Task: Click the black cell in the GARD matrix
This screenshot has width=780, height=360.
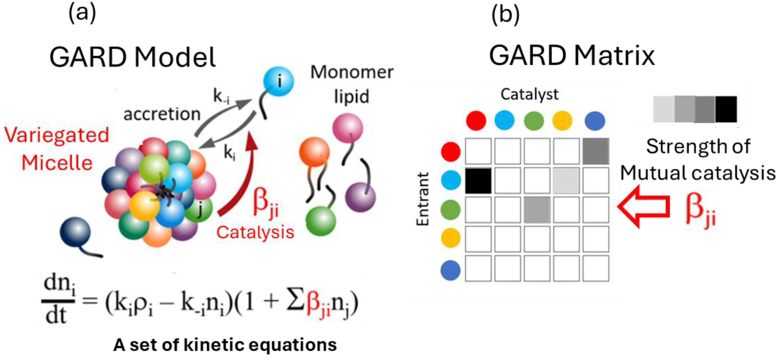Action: (x=478, y=181)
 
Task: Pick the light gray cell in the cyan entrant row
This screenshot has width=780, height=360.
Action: (x=566, y=181)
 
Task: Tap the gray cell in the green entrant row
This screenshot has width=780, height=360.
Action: (x=537, y=210)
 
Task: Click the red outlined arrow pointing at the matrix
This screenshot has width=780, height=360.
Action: (x=644, y=207)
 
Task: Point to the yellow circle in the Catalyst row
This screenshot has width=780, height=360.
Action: (x=562, y=121)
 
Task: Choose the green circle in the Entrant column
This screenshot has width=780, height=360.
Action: (x=451, y=210)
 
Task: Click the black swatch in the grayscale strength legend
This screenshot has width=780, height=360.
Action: (x=726, y=109)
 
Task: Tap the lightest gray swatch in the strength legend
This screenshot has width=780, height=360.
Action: (x=664, y=109)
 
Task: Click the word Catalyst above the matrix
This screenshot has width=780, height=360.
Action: (x=529, y=94)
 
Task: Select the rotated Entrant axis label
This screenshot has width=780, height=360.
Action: (x=423, y=199)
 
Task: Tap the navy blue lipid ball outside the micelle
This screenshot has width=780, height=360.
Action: (x=75, y=232)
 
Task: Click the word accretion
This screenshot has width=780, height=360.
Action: (x=162, y=114)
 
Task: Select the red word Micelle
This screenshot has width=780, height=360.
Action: (x=57, y=163)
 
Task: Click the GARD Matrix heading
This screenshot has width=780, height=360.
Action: (x=572, y=56)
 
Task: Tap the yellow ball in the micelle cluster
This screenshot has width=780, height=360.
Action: (x=144, y=206)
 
